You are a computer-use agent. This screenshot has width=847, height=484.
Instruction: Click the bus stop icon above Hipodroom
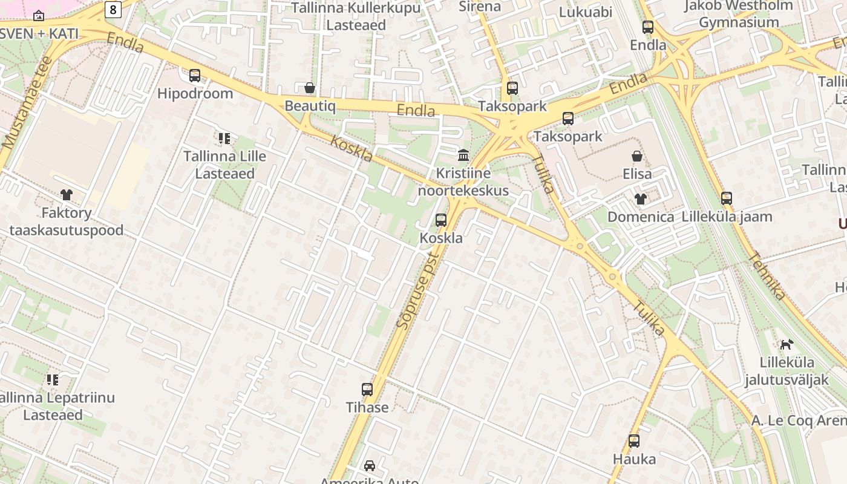(x=195, y=76)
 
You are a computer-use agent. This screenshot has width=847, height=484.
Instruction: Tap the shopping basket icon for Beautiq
(x=310, y=88)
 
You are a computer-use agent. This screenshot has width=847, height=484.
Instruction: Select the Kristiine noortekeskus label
(x=463, y=182)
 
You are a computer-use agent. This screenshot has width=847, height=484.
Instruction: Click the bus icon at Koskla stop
(x=441, y=220)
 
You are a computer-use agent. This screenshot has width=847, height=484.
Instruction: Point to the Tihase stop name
(x=367, y=407)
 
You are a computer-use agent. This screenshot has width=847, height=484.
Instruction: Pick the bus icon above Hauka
(x=634, y=441)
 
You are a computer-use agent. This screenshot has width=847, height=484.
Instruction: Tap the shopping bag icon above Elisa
(x=637, y=157)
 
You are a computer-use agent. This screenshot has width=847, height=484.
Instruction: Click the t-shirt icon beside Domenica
(x=641, y=199)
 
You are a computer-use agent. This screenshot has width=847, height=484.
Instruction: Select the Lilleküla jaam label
(x=727, y=217)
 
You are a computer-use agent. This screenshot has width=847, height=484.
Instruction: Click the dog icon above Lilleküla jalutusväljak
(x=786, y=345)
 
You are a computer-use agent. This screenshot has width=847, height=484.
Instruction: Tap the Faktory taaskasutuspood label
(x=67, y=221)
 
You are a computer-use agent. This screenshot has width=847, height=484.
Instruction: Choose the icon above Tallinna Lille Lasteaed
(x=224, y=139)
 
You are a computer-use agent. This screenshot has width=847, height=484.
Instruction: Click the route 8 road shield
(x=113, y=9)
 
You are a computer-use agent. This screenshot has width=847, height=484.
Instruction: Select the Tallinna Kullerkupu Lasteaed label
(x=356, y=16)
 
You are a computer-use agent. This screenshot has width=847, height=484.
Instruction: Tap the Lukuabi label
(x=586, y=12)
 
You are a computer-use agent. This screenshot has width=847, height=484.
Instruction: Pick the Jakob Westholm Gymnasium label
(x=739, y=14)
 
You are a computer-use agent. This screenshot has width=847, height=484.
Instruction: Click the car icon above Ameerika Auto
(x=369, y=465)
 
